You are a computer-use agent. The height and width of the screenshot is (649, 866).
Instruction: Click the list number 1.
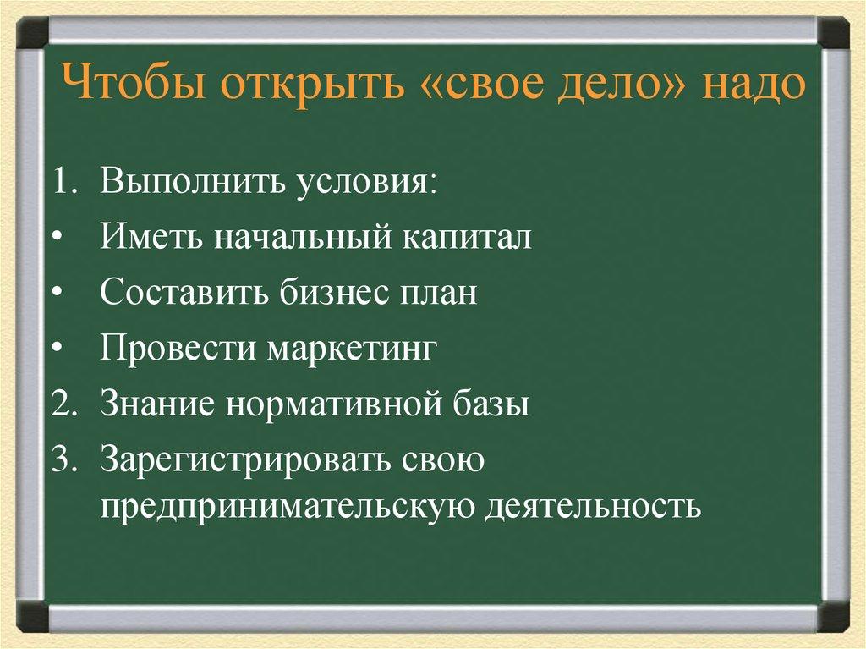[x=61, y=182]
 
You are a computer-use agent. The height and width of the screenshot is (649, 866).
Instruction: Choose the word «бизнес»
[x=327, y=293]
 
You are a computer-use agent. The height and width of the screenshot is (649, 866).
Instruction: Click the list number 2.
[x=61, y=404]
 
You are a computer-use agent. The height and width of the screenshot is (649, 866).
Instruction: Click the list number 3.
[x=61, y=459]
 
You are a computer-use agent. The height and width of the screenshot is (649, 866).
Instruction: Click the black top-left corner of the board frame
[x=34, y=33]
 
